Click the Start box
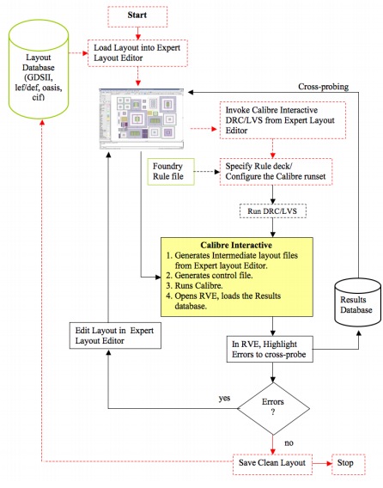[x=137, y=15]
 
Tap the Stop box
[x=348, y=464]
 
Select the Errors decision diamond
[x=273, y=408]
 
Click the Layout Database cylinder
[x=39, y=70]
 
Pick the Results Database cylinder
[x=357, y=302]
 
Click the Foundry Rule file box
[x=171, y=172]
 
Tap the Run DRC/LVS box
[x=272, y=211]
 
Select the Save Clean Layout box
[x=272, y=464]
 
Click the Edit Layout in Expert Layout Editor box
[x=115, y=335]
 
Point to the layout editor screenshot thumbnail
[x=142, y=119]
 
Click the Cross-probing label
[x=323, y=87]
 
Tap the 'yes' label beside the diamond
[x=224, y=398]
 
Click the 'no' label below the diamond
[x=289, y=442]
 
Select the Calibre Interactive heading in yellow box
[x=236, y=245]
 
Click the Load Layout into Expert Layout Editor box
[x=137, y=53]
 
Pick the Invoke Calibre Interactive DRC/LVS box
[x=283, y=120]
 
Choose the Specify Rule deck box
[x=276, y=172]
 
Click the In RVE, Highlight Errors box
[x=270, y=349]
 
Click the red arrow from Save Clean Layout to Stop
[x=322, y=464]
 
